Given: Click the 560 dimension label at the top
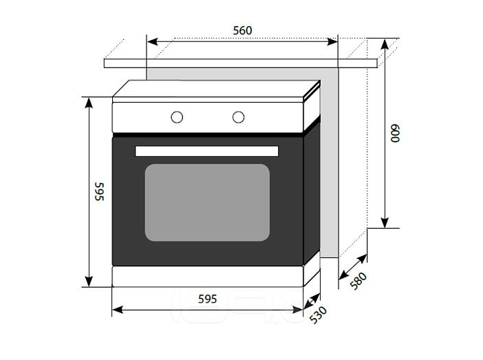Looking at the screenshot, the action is tap(242, 30).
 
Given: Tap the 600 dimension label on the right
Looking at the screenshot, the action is tap(395, 133).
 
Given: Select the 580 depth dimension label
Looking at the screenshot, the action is tap(359, 281).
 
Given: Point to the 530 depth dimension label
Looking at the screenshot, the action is tap(319, 315).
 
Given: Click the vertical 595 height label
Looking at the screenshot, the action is tap(99, 191).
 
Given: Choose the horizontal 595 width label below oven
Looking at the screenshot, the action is tap(207, 299).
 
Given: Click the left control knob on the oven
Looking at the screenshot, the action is tap(177, 117).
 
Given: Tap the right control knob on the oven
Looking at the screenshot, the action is tap(239, 117).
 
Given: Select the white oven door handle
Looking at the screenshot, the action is tap(206, 151).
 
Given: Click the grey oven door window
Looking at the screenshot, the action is tap(207, 202).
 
